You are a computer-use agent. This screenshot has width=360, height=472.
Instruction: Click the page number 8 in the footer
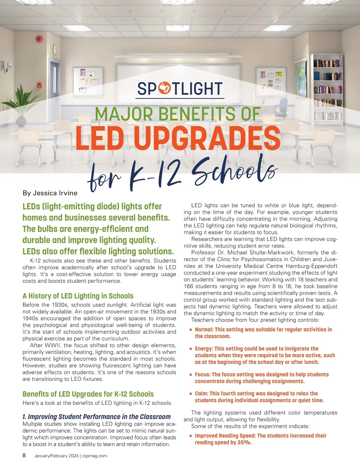click(x=24, y=456)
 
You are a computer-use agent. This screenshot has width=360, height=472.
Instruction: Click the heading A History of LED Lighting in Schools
click(x=78, y=296)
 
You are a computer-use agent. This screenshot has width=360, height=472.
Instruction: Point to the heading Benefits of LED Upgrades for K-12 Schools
click(x=88, y=394)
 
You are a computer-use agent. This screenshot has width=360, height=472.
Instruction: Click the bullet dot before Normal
click(x=191, y=330)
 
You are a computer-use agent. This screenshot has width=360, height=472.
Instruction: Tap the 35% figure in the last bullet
click(x=244, y=442)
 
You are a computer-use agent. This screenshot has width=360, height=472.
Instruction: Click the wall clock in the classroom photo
click(x=55, y=49)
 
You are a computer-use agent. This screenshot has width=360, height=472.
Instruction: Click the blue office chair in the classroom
click(x=282, y=108)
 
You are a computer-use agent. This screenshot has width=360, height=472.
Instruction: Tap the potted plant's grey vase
click(x=21, y=121)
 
